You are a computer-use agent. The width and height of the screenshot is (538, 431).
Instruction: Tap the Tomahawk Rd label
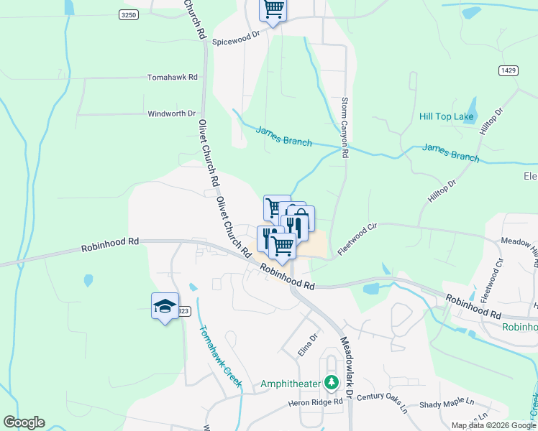[172, 77]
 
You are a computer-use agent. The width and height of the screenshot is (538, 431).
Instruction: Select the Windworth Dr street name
[171, 113]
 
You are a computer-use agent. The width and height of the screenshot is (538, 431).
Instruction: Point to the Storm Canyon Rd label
[345, 128]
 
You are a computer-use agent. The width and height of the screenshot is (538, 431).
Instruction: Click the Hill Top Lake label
[445, 116]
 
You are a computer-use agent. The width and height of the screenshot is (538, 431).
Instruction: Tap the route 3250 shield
[129, 15]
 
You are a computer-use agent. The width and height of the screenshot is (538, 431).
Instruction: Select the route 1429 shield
[508, 70]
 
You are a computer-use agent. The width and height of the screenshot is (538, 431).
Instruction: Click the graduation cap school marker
[165, 306]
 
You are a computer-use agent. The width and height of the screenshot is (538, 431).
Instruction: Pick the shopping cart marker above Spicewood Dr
[273, 10]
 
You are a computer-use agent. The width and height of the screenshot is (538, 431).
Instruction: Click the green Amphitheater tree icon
[331, 381]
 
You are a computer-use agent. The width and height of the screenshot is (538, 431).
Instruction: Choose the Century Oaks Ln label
[382, 402]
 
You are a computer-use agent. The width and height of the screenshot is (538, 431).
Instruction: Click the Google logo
[24, 422]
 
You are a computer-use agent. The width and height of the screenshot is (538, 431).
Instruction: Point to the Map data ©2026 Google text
[493, 425]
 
